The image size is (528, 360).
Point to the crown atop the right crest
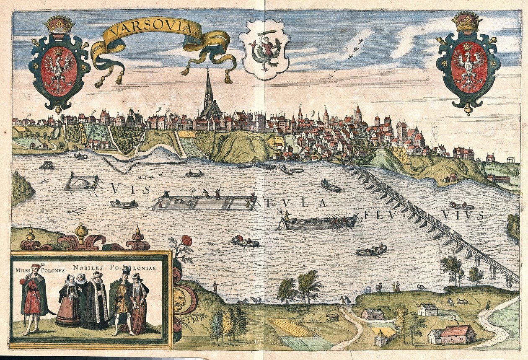(467, 22)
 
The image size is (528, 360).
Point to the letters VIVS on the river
(463, 215)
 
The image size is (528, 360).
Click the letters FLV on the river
(377, 215)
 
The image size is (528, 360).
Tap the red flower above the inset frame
(187, 241)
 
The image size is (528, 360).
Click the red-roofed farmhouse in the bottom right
(458, 334)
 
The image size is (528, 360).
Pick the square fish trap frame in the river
(82, 182)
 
